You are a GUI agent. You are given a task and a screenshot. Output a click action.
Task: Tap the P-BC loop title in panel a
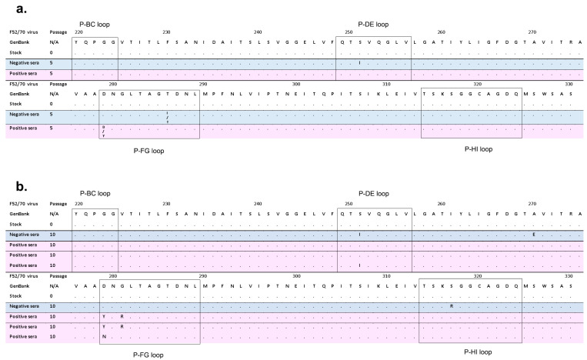97,25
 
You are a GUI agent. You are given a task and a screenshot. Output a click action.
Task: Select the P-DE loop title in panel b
374,193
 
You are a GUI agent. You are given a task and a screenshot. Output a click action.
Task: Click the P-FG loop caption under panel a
148,151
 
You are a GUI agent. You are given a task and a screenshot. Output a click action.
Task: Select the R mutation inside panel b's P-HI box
452,305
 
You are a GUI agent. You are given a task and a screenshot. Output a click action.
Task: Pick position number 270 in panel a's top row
532,32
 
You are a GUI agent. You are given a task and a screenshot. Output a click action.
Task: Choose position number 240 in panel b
258,203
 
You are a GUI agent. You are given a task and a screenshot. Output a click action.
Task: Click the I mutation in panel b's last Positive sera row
359,265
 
